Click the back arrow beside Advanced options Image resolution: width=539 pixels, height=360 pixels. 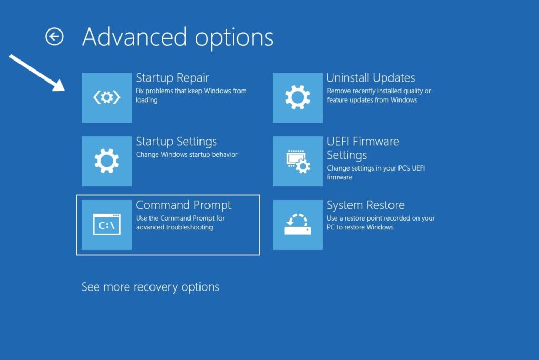click(x=54, y=37)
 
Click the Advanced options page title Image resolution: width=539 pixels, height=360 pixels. click(x=178, y=37)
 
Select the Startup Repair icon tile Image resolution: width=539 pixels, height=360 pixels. click(x=107, y=98)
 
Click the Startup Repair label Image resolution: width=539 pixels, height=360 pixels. click(x=172, y=78)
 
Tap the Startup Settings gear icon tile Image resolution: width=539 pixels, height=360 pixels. click(x=107, y=161)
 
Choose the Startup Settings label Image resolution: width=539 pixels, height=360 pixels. click(x=176, y=142)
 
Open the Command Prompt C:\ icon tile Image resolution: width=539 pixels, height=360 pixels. click(x=107, y=225)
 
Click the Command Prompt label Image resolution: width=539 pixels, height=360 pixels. click(x=184, y=205)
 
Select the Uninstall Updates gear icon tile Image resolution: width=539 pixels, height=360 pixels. click(x=297, y=98)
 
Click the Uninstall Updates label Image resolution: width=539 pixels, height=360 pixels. click(x=371, y=78)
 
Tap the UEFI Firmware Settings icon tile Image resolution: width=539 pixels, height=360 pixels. click(x=297, y=161)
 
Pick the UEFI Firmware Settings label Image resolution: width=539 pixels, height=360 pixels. click(x=363, y=148)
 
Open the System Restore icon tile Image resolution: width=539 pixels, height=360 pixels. click(x=297, y=225)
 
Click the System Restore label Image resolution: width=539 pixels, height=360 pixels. click(x=365, y=205)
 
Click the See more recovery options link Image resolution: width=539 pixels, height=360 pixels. click(x=150, y=287)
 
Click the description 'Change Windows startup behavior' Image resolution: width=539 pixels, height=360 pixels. click(x=187, y=155)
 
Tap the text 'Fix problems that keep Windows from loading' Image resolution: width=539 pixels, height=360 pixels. click(x=191, y=95)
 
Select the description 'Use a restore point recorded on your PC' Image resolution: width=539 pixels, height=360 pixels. click(x=380, y=223)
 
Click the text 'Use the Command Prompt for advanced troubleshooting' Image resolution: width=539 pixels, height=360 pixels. click(x=180, y=223)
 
